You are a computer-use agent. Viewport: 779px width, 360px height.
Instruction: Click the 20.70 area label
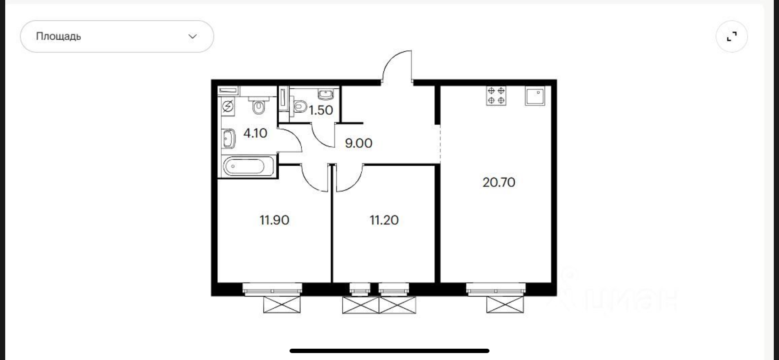(x=499, y=182)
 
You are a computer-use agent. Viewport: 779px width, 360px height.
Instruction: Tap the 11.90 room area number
(x=274, y=220)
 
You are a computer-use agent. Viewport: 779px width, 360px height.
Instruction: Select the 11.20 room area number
(x=384, y=220)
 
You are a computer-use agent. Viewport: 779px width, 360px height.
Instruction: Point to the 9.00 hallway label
(x=359, y=143)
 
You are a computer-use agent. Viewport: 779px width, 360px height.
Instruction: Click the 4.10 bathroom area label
(x=255, y=133)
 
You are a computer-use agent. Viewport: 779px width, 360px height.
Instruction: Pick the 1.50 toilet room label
(x=321, y=110)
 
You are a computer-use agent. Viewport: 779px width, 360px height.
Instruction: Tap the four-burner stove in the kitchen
(x=496, y=96)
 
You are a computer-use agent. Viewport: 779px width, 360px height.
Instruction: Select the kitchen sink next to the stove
(x=535, y=96)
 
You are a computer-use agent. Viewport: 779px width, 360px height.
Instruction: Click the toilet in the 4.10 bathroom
(x=259, y=105)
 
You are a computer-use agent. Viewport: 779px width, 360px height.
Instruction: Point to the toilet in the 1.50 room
(x=300, y=106)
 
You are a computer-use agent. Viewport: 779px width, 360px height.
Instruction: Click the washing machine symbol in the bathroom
(x=228, y=106)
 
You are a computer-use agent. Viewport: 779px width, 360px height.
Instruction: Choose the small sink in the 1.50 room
(x=326, y=94)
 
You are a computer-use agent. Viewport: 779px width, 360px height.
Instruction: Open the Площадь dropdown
(x=117, y=37)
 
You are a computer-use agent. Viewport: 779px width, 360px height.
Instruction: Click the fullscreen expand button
(x=732, y=37)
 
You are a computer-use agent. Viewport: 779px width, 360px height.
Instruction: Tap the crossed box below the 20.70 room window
(x=505, y=304)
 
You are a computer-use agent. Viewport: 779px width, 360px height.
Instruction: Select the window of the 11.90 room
(x=272, y=289)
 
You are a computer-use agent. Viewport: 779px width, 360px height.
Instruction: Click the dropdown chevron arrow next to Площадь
(x=193, y=37)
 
